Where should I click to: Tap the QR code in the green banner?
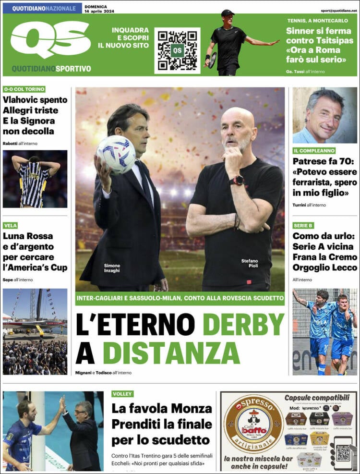pyautogui.click(x=177, y=50)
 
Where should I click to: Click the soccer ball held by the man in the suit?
pyautogui.click(x=116, y=154)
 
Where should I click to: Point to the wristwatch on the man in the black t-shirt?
pyautogui.click(x=237, y=181)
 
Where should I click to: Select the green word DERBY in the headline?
pyautogui.click(x=243, y=325)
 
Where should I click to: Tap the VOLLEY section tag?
pyautogui.click(x=122, y=394)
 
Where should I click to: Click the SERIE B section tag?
pyautogui.click(x=303, y=225)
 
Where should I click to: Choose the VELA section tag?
pyautogui.click(x=10, y=225)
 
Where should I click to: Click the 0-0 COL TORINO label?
pyautogui.click(x=24, y=89)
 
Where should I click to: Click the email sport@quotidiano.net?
pyautogui.click(x=339, y=10)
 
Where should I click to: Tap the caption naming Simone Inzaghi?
pyautogui.click(x=112, y=268)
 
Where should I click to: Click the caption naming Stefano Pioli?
pyautogui.click(x=250, y=264)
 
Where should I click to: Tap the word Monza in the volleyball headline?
pyautogui.click(x=192, y=409)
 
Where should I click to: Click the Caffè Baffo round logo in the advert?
pyautogui.click(x=253, y=423)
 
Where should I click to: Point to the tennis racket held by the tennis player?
pyautogui.click(x=213, y=60)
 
